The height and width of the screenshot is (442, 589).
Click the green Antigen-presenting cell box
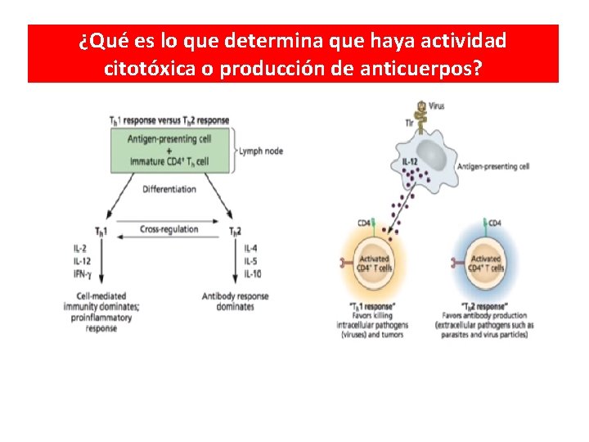(169, 150)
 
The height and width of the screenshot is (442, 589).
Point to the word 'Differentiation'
(169, 189)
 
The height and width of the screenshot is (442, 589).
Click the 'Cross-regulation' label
(169, 229)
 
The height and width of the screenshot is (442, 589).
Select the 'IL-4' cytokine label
(251, 247)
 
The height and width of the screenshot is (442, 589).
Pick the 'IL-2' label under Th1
(81, 247)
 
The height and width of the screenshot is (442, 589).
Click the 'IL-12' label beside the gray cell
(409, 161)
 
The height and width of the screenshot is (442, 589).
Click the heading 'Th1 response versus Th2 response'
(169, 120)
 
